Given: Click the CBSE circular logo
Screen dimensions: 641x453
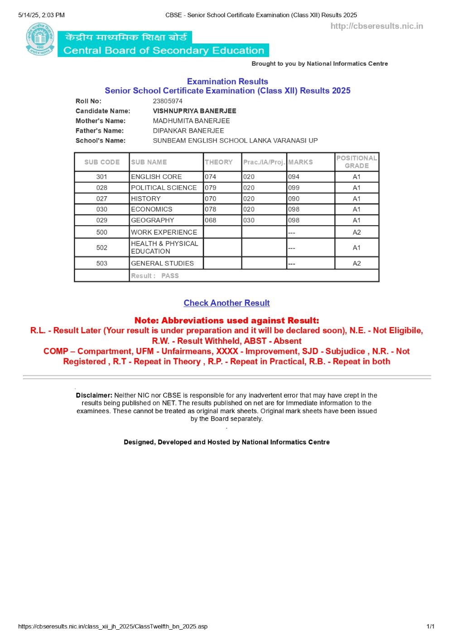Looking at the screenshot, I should coord(40,39).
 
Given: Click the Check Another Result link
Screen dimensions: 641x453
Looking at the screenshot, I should coord(226,303).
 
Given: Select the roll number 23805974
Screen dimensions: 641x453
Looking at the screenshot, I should coord(168,101).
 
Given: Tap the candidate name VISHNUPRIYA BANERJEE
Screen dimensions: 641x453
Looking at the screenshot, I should coord(194,111).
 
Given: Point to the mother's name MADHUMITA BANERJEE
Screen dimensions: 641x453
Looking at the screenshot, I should coord(191,121).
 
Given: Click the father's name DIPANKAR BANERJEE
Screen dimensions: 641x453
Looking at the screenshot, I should coord(188,131).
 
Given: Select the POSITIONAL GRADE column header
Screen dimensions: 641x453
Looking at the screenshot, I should coord(357,162).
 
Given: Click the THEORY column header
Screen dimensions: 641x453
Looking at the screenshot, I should coord(218,162).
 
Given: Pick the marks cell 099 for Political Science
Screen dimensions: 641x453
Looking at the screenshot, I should coord(294,188).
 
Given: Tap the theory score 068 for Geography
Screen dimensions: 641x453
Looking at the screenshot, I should coord(211,220).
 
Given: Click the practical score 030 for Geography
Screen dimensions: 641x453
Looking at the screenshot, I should coord(249,220).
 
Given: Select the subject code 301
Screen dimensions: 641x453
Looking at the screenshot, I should coord(102,177).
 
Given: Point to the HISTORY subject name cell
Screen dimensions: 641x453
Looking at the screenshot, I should coord(146,198).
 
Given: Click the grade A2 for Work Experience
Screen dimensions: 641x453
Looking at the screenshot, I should coord(357,232).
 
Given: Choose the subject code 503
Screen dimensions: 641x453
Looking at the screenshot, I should coord(102,263).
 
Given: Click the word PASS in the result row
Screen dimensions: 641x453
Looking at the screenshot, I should coord(170,275).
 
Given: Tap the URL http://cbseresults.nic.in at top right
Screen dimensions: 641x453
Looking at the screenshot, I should coord(376,26).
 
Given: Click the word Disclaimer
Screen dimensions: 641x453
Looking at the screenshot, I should coord(94,395).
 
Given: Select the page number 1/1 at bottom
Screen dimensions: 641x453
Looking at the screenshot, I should coord(430,627).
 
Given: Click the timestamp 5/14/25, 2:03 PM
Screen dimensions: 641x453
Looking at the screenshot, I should coord(42,15).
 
